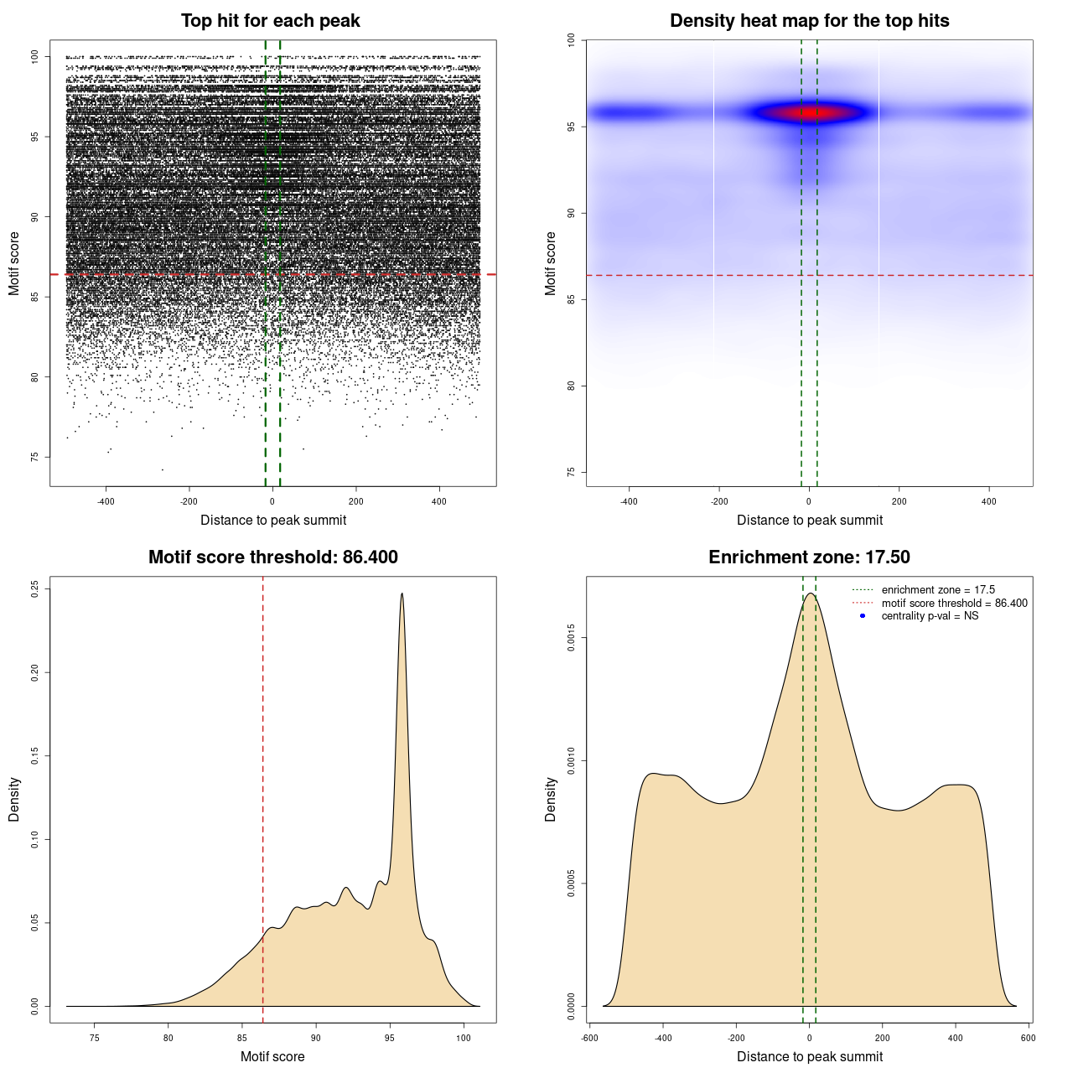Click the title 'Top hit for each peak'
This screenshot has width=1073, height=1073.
(x=270, y=21)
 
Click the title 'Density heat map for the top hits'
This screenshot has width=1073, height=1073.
(x=809, y=21)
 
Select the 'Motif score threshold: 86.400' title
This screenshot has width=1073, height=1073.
(x=272, y=557)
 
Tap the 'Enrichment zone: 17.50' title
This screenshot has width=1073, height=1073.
(x=809, y=557)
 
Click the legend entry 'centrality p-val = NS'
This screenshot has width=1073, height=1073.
(x=930, y=616)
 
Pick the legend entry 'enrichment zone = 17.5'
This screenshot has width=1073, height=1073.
(x=938, y=590)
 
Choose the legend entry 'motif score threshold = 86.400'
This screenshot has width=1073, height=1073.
(x=954, y=604)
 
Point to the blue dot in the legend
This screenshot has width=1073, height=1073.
(x=863, y=616)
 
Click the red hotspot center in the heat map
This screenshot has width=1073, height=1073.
(x=813, y=112)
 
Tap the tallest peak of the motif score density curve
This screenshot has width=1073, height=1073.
(x=402, y=594)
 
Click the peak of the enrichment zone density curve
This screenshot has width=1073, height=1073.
(x=810, y=594)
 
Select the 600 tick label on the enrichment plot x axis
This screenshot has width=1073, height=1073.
(x=1028, y=1038)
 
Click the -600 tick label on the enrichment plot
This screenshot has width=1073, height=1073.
(x=590, y=1038)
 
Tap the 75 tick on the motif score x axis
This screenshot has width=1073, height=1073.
(x=95, y=1038)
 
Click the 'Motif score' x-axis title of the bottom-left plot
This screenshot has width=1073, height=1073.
(x=272, y=1056)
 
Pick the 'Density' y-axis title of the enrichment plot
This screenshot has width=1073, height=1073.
(x=551, y=799)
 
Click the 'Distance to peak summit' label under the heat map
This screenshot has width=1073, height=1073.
(x=809, y=520)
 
